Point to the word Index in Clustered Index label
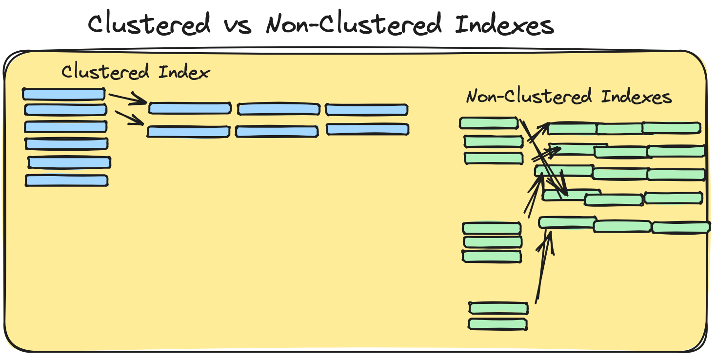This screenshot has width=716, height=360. (x=184, y=72)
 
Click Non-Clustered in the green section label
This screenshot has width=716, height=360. (x=529, y=96)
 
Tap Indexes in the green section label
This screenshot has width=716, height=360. (x=636, y=96)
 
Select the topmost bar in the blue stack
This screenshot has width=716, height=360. (x=63, y=93)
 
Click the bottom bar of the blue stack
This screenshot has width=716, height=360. (x=67, y=180)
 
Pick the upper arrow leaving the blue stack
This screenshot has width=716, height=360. (x=127, y=98)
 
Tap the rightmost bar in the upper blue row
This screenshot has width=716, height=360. (x=366, y=109)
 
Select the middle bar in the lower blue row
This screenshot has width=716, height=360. (x=276, y=131)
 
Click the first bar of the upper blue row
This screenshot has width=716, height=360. (x=190, y=108)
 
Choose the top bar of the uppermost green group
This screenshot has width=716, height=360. (x=488, y=123)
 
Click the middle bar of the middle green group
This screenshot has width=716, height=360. (x=492, y=242)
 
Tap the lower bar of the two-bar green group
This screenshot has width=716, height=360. (x=497, y=324)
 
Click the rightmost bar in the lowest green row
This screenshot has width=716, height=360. (x=681, y=227)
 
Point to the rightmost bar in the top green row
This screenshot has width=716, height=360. (x=672, y=128)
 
